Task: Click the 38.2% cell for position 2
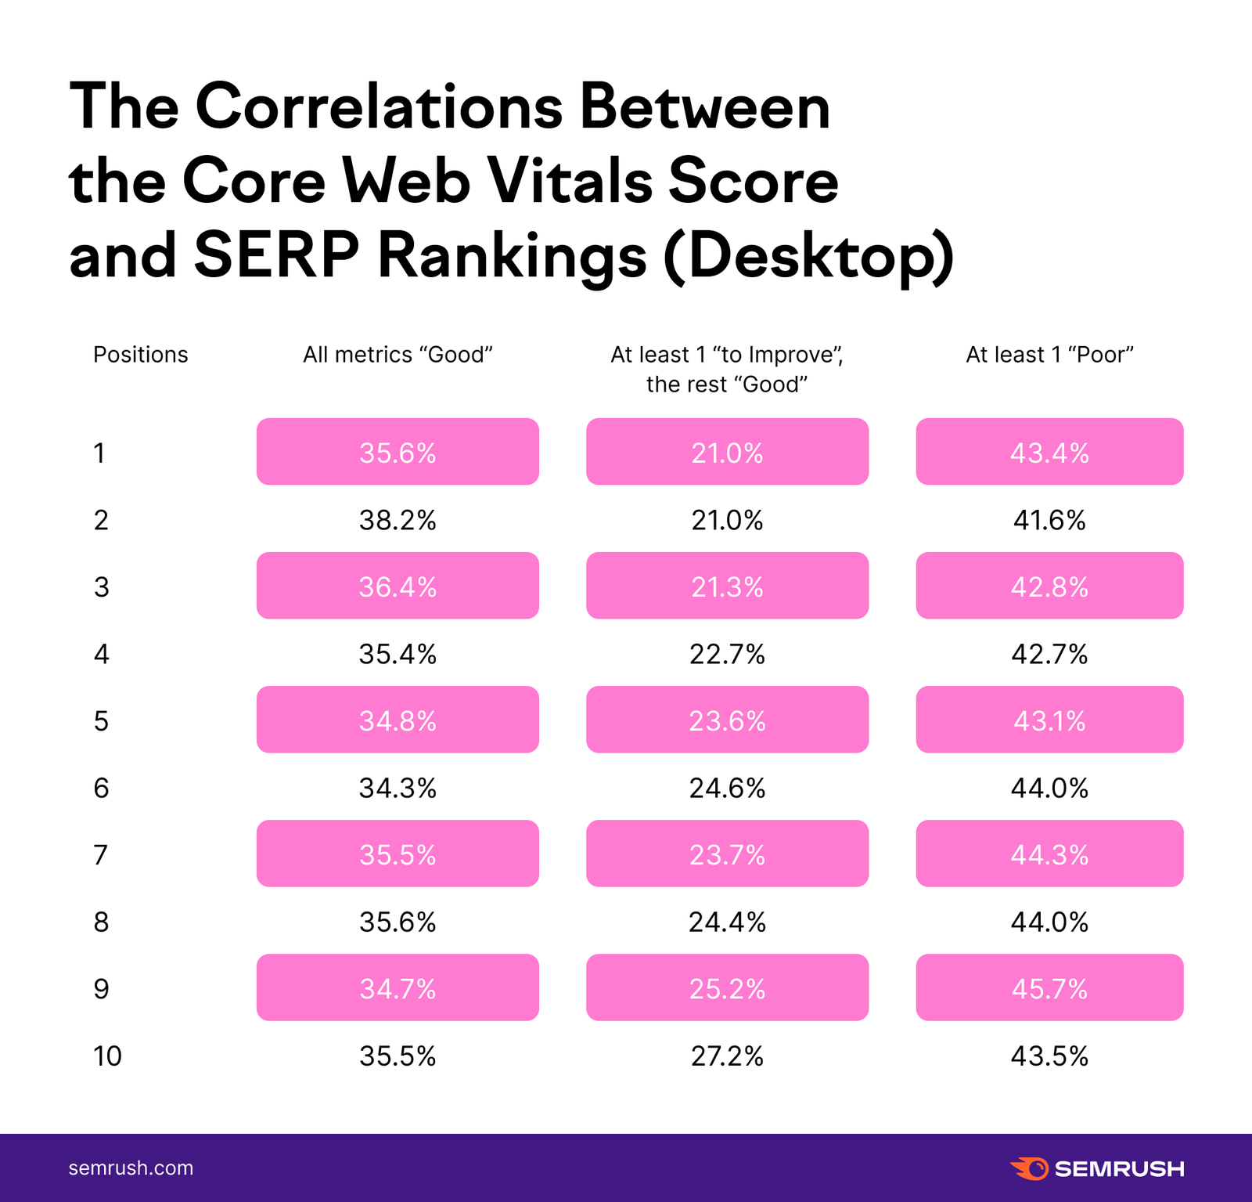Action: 398,520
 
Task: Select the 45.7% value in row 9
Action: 1049,988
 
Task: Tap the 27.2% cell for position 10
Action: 727,1056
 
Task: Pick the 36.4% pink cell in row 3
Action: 398,587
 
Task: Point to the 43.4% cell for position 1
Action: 1049,453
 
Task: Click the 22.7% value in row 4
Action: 727,654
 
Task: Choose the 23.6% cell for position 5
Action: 727,720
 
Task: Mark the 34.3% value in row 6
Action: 398,788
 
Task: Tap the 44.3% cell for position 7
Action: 1049,854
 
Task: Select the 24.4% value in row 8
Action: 727,922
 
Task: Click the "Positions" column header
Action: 141,355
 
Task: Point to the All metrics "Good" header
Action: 398,355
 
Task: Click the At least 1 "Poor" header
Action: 1049,355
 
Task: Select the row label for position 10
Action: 108,1056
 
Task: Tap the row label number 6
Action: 101,788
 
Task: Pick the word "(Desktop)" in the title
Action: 809,256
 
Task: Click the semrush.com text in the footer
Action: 131,1168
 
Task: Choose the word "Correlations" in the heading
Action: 379,106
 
